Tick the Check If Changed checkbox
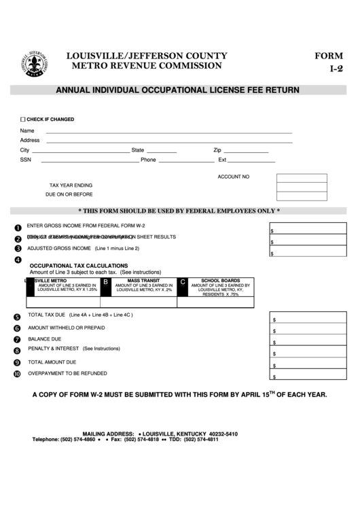22,119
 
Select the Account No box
302,178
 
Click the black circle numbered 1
18,228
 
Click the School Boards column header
221,280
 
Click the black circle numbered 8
18,351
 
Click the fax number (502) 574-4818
145,440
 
